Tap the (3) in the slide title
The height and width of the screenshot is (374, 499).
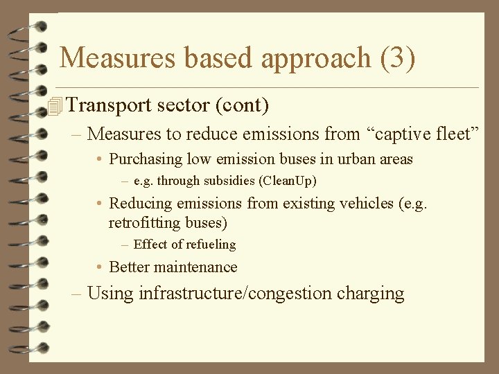[x=398, y=58]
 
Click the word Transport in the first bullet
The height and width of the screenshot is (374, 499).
[x=110, y=106]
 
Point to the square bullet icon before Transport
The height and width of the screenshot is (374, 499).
[x=55, y=106]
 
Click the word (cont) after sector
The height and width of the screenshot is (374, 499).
[x=242, y=106]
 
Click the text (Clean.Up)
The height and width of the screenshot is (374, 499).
[x=286, y=181]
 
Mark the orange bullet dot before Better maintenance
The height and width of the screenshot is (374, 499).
[x=100, y=267]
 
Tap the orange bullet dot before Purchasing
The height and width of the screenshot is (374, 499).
[x=100, y=160]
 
